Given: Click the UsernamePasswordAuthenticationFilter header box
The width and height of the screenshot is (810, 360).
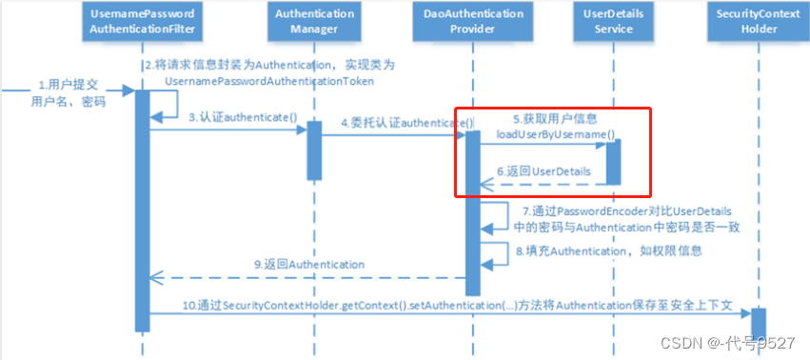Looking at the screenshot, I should point(142,21).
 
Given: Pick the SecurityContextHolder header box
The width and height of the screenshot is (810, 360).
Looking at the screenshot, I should point(759,21).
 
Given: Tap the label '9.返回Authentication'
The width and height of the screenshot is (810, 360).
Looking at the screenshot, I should point(308,264).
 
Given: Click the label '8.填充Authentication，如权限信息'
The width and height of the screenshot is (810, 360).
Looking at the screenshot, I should point(607,252).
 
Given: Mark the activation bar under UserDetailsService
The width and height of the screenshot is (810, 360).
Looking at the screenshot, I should point(614,162).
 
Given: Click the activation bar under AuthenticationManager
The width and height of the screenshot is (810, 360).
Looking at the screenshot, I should point(314,150).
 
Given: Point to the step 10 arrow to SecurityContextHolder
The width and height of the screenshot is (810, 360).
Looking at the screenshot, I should point(447,314).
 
